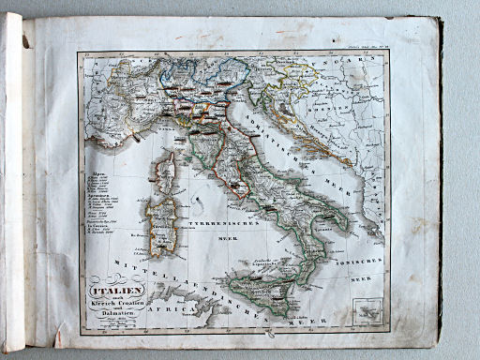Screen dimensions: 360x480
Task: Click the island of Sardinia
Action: [x=161, y=225]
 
